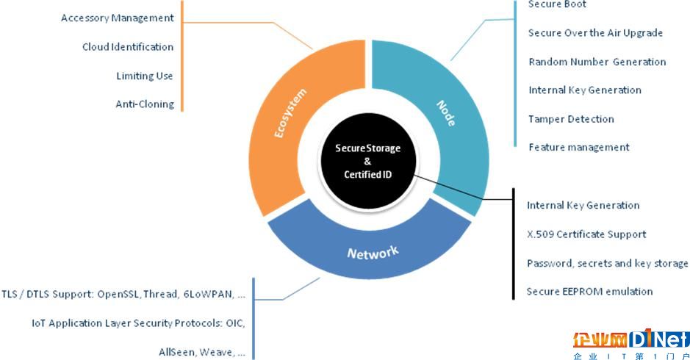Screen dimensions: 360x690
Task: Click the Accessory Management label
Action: pyautogui.click(x=118, y=18)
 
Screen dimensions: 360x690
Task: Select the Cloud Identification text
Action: pyautogui.click(x=128, y=47)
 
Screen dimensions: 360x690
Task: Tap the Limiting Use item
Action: pyautogui.click(x=145, y=76)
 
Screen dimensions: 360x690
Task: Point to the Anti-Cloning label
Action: pyautogui.click(x=145, y=104)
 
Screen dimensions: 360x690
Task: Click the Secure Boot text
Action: pyautogui.click(x=557, y=4)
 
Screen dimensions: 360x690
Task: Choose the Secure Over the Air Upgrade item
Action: pyautogui.click(x=595, y=33)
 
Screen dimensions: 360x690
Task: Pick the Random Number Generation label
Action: pyautogui.click(x=597, y=62)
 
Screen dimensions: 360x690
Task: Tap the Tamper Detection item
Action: pyautogui.click(x=571, y=119)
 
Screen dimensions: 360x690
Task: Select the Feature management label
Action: pyautogui.click(x=578, y=147)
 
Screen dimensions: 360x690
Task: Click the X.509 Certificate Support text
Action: pyautogui.click(x=586, y=234)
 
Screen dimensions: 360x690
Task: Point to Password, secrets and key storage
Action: pyautogui.click(x=607, y=263)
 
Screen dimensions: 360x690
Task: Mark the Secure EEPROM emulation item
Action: pyautogui.click(x=589, y=292)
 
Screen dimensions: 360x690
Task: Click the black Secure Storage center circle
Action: pyautogui.click(x=368, y=161)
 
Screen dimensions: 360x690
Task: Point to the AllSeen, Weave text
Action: pyautogui.click(x=202, y=352)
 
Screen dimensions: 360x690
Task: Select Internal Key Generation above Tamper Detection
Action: pyautogui.click(x=584, y=90)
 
